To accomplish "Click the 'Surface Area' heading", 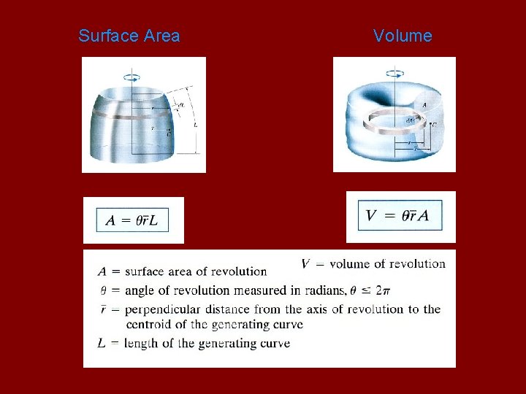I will [x=129, y=36].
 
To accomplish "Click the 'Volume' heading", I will [x=403, y=36].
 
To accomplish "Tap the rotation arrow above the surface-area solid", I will [x=133, y=75].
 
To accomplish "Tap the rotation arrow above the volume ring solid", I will [x=395, y=73].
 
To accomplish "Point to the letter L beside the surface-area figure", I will [x=195, y=125].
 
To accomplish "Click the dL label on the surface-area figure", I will [x=181, y=105].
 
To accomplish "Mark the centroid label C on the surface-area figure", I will [x=169, y=134].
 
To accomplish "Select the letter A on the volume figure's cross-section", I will [x=425, y=105].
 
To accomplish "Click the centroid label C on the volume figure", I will [x=434, y=125].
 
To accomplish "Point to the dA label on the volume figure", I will [x=412, y=120].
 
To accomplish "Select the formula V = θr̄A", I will [x=397, y=215].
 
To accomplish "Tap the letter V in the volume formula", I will [x=371, y=215].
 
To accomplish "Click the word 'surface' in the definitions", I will [x=146, y=271].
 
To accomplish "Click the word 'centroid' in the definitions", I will [x=149, y=325].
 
